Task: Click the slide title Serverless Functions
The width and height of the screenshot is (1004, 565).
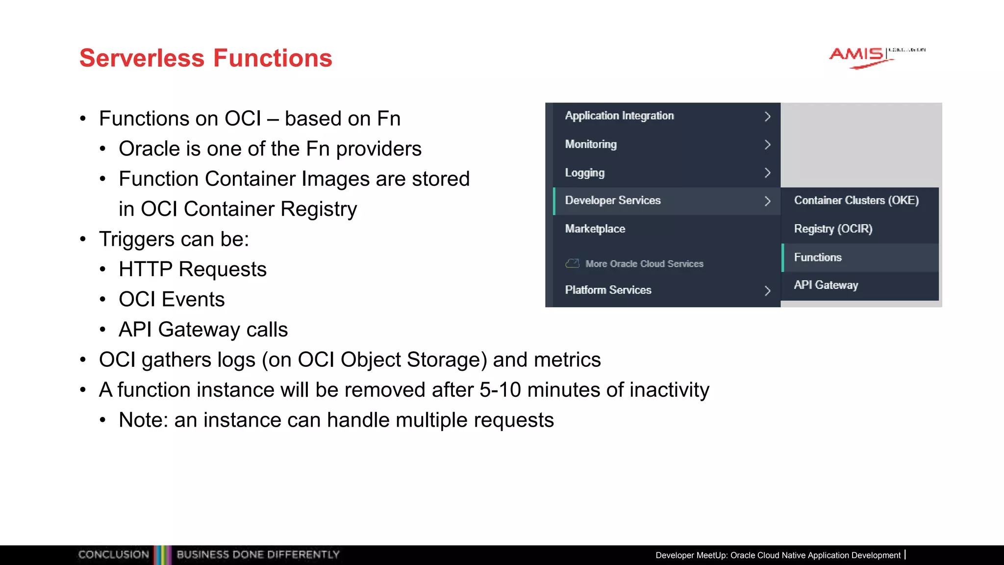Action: pyautogui.click(x=205, y=58)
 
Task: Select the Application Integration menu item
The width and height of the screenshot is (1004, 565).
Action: pyautogui.click(x=619, y=116)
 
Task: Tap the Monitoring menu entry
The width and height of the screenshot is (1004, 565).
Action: pyautogui.click(x=591, y=144)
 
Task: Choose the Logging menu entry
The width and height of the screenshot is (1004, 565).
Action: pyautogui.click(x=584, y=173)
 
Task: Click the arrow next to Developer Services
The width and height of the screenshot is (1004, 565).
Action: pyautogui.click(x=767, y=201)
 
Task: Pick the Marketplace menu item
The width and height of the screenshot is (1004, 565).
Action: pyautogui.click(x=595, y=229)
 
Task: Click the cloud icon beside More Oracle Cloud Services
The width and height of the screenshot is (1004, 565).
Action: pyautogui.click(x=572, y=263)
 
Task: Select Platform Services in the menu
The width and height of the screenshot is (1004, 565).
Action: pyautogui.click(x=608, y=290)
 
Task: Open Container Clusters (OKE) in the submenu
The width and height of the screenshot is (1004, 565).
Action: pyautogui.click(x=856, y=201)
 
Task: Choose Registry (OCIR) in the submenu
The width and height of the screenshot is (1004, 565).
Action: pyautogui.click(x=833, y=229)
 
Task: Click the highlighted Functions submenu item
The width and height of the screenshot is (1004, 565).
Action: pyautogui.click(x=818, y=257)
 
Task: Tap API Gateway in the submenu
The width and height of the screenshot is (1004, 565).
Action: pyautogui.click(x=826, y=285)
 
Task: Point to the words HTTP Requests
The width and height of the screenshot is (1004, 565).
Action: pyautogui.click(x=192, y=269)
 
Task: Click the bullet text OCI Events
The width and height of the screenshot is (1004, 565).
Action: pyautogui.click(x=172, y=299)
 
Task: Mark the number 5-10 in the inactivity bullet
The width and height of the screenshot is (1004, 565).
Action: pyautogui.click(x=500, y=390)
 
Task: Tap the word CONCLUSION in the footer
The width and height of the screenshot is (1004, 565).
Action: pyautogui.click(x=113, y=555)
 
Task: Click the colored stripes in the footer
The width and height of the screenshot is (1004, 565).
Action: pyautogui.click(x=163, y=555)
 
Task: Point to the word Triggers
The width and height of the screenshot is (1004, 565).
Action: pyautogui.click(x=137, y=239)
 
